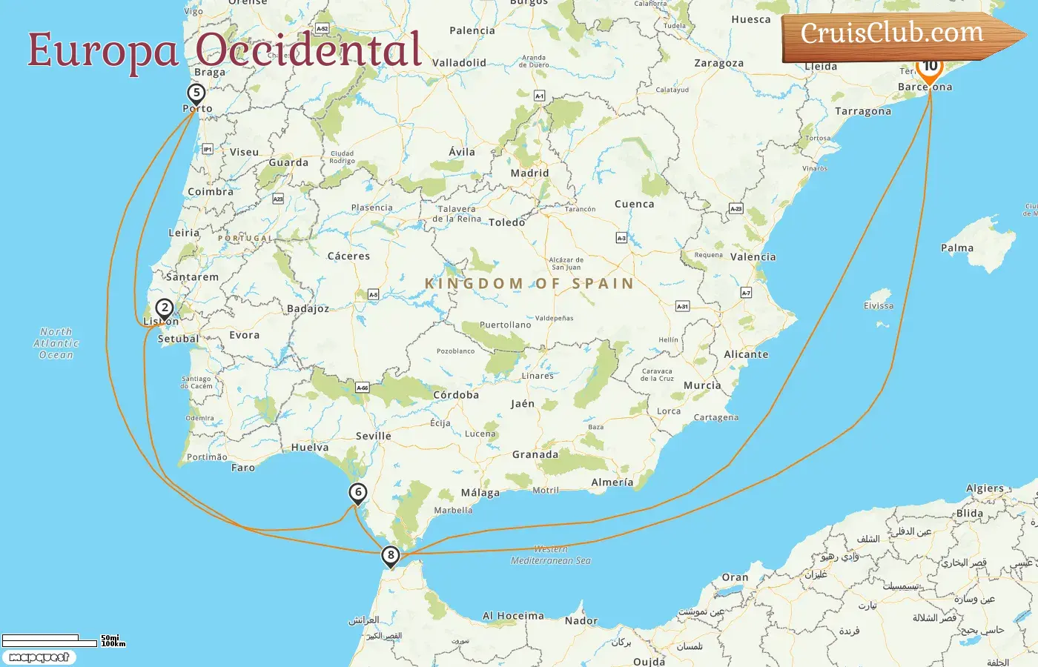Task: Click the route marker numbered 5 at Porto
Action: [196, 93]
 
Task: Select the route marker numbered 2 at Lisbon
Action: [164, 308]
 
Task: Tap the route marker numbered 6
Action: [358, 492]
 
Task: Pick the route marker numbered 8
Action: [391, 555]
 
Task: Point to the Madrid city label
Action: [529, 173]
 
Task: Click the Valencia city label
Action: [753, 257]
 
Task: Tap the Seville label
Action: [373, 436]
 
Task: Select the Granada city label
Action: [535, 454]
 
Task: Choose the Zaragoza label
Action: [718, 63]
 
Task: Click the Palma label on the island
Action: [956, 248]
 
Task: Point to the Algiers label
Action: [985, 488]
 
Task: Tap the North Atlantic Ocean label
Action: [56, 343]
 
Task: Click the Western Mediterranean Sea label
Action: [551, 555]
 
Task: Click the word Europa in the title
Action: [103, 50]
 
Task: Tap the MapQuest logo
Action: [39, 657]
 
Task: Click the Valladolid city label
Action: [459, 63]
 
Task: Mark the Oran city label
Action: [735, 577]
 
